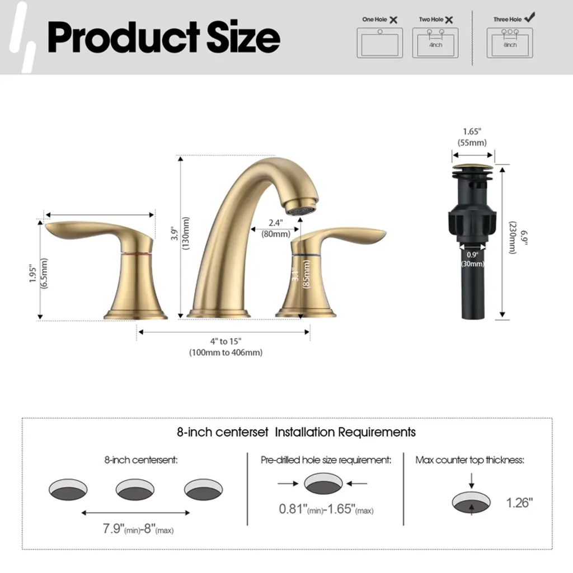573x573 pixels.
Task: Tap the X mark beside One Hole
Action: [393, 20]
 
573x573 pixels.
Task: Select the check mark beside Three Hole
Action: [529, 17]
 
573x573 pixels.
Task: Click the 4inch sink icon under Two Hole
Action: [435, 43]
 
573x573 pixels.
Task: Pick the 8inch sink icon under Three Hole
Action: [510, 43]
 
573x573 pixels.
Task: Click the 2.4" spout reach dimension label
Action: [275, 223]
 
